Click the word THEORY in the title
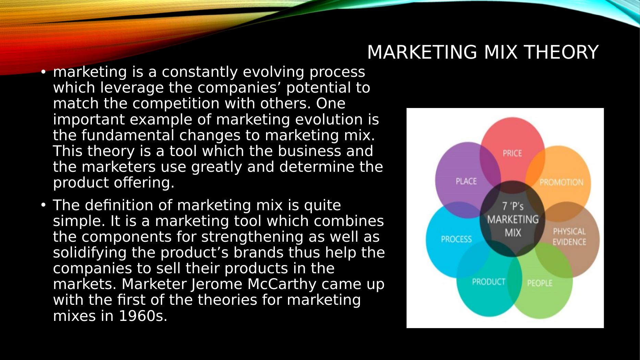pos(561,52)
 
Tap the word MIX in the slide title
pos(500,52)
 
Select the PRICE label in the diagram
pos(512,153)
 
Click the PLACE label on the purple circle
pos(466,181)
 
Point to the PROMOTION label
pos(561,182)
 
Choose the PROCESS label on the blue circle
pos(456,239)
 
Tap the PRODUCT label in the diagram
pos(488,282)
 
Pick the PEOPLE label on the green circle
pos(540,283)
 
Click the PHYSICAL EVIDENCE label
pos(569,237)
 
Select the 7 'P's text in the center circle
pos(513,206)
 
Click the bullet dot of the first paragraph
pos(43,72)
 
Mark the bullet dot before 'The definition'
pos(43,205)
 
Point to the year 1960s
pos(143,316)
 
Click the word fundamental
pos(128,135)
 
